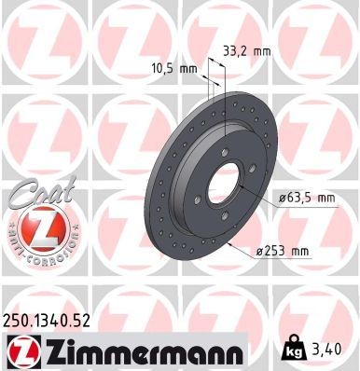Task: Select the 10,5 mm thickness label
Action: pos(174,68)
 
